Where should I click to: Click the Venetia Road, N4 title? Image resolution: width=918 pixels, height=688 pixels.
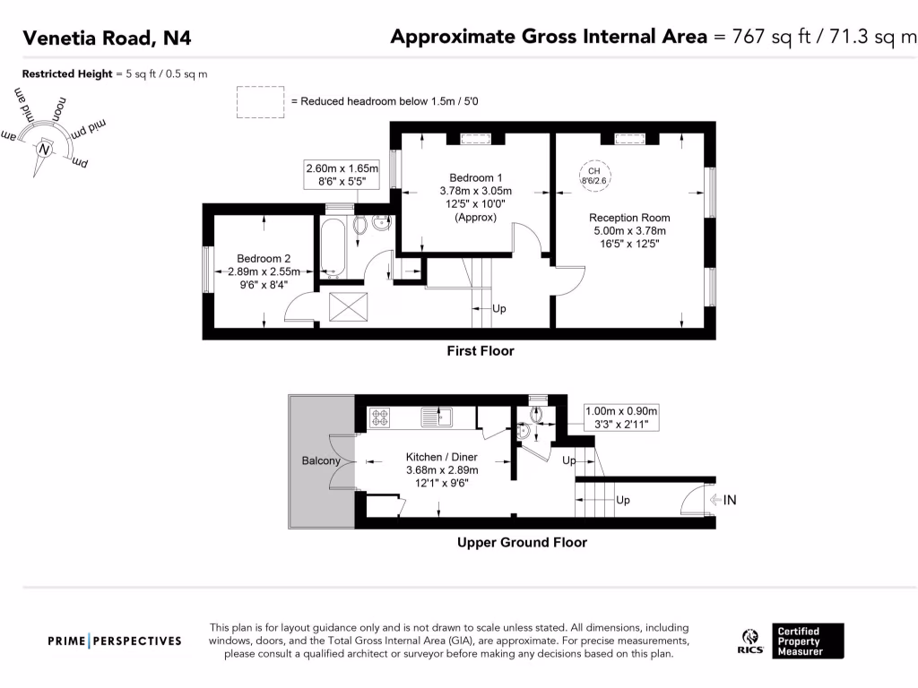click(107, 38)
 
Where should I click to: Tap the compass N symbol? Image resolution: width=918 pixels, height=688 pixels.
click(42, 150)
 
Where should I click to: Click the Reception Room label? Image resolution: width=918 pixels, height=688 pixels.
click(629, 218)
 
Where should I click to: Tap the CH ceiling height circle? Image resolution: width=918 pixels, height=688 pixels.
click(594, 176)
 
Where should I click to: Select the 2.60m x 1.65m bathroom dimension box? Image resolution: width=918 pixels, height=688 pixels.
click(342, 174)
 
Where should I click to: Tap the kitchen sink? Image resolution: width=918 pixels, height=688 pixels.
click(438, 417)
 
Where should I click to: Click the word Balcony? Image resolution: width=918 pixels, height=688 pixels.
click(320, 461)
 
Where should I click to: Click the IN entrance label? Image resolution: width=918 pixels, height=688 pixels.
click(730, 500)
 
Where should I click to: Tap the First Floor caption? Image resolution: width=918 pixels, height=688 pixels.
click(481, 351)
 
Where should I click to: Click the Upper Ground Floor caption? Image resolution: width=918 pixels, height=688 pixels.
click(522, 542)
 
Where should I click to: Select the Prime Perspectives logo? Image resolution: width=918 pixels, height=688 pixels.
click(115, 641)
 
